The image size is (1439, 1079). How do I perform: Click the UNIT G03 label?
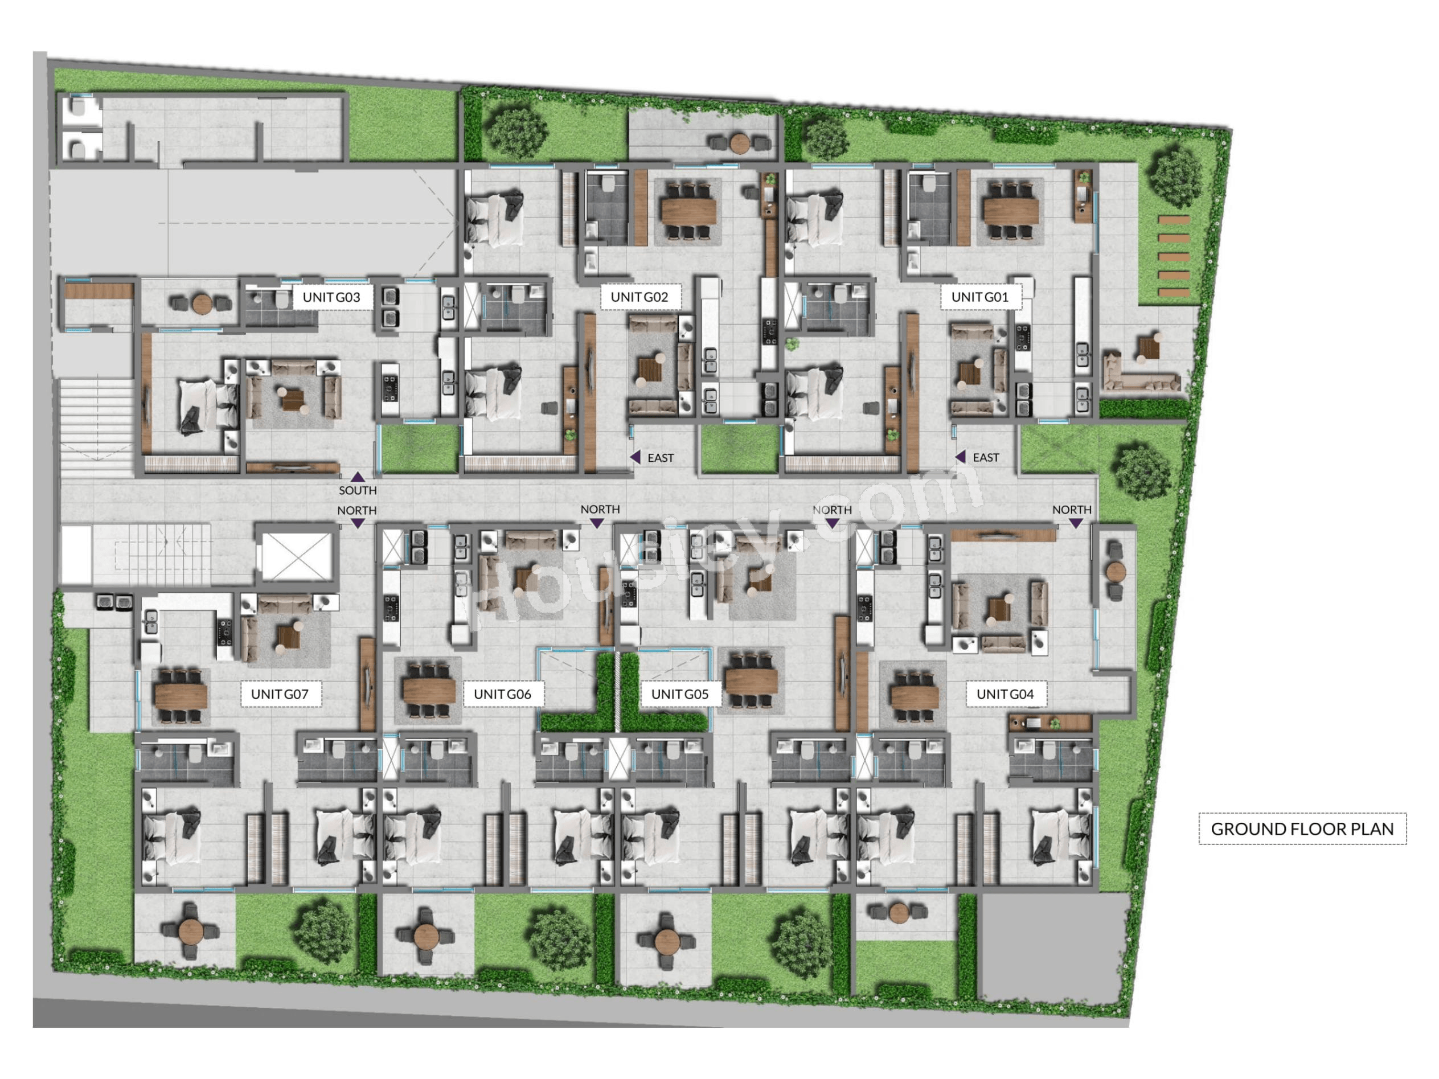(x=331, y=297)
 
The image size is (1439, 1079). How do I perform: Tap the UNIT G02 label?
(x=639, y=297)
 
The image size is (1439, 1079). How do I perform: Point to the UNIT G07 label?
(x=280, y=694)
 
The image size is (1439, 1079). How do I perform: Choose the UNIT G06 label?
(x=502, y=694)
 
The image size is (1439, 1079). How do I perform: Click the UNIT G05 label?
(x=680, y=694)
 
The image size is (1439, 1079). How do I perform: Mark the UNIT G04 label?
(x=1005, y=694)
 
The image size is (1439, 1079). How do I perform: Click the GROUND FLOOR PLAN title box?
(x=1302, y=828)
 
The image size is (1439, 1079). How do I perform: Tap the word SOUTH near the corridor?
(x=358, y=490)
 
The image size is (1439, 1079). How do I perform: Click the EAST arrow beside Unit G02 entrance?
(x=636, y=457)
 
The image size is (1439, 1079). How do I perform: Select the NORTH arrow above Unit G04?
(x=1076, y=523)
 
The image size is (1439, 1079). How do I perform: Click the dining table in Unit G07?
(x=181, y=696)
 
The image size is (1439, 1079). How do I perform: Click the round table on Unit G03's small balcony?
(x=202, y=303)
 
